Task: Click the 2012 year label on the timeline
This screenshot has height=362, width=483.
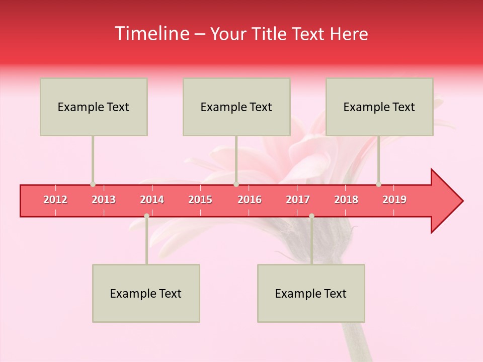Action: (55, 200)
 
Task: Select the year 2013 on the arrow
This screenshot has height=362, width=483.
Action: (104, 200)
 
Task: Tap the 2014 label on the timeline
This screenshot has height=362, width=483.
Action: (152, 200)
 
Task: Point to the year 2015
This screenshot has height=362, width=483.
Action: (200, 200)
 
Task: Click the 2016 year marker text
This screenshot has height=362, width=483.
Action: (250, 200)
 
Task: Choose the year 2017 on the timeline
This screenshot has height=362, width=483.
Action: (298, 200)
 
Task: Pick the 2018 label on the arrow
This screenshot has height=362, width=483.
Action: (346, 200)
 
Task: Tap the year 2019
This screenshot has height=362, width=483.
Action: (394, 200)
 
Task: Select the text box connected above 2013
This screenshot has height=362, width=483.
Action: (94, 107)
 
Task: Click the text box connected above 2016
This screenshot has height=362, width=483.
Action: (236, 107)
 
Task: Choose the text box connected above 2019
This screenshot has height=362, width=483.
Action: (379, 107)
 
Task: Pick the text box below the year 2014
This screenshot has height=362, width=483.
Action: (146, 293)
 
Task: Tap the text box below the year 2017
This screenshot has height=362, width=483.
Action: (311, 293)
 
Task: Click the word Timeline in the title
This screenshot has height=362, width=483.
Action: (151, 34)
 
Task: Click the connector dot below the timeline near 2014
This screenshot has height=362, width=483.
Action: (146, 216)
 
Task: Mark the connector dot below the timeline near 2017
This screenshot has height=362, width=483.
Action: (311, 216)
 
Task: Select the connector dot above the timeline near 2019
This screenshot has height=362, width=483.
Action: (378, 184)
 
